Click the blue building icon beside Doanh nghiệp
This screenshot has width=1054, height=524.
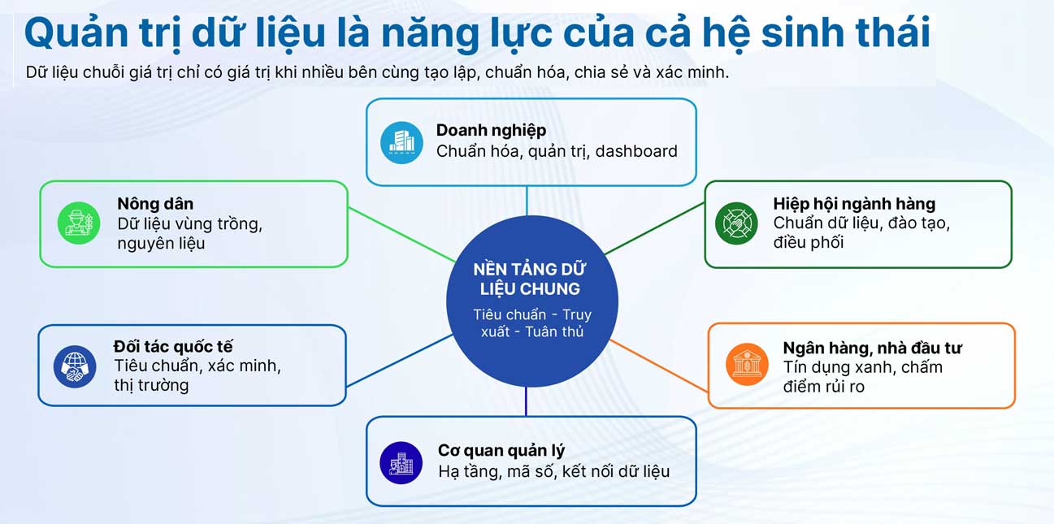pos(401,142)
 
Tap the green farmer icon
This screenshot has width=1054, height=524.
pos(79,223)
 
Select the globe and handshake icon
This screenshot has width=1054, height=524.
pos(74,366)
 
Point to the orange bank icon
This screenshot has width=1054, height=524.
pos(747,365)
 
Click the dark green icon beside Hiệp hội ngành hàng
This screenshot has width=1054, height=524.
pos(736,223)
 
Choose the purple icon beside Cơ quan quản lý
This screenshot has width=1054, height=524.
pos(401,463)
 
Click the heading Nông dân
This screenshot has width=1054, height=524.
pos(155,204)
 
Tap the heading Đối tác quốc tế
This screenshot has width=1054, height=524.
pos(173,347)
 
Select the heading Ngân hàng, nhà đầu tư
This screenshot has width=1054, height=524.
pos(872,348)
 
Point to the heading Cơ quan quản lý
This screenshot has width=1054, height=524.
pos(501,451)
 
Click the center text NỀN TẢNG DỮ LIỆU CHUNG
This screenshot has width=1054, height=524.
pos(530,279)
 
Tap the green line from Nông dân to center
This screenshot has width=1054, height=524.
pos(402,234)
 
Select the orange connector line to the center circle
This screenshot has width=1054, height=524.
pos(659,366)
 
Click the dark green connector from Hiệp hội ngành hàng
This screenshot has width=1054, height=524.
pos(654,228)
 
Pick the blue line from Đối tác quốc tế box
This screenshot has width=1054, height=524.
pos(400,361)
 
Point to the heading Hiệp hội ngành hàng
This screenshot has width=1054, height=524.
pos(854,204)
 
